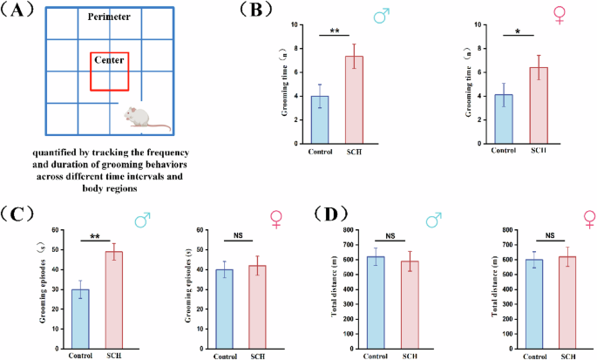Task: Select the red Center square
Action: [x=110, y=71]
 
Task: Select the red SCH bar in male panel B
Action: [x=354, y=98]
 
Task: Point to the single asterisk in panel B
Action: [x=519, y=32]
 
